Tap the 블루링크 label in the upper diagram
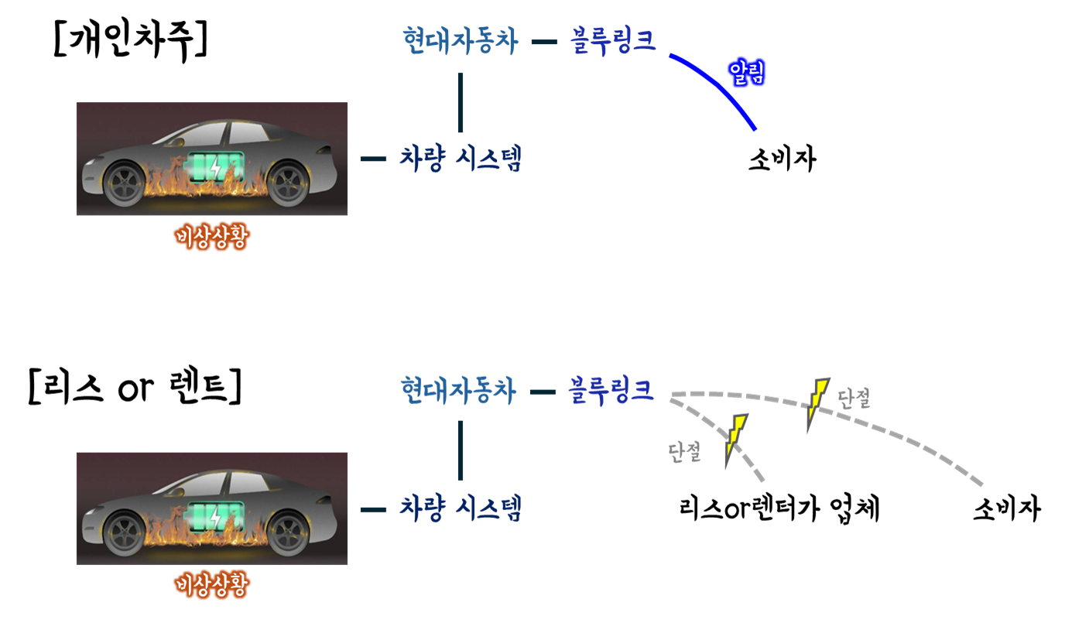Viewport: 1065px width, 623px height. coord(613,40)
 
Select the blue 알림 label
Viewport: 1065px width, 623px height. coord(747,73)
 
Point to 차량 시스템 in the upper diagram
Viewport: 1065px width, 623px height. coord(461,159)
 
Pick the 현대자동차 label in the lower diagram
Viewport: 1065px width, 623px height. coord(458,391)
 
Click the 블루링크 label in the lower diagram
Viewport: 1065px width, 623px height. coord(611,390)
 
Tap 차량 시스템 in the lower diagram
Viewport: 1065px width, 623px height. coord(461,508)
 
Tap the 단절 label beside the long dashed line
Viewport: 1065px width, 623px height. coord(854,399)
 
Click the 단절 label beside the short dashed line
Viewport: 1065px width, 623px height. coord(685,453)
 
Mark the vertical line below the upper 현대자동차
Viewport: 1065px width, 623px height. coord(461,103)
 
